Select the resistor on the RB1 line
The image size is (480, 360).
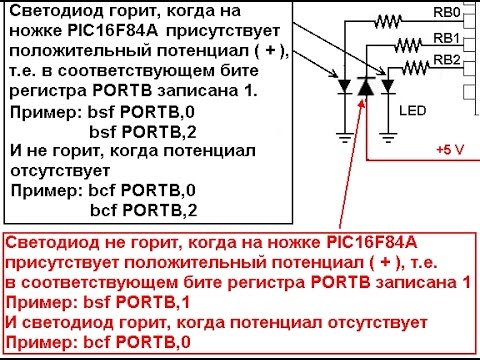pyautogui.click(x=408, y=45)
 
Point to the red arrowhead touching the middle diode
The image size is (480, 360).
pyautogui.click(x=363, y=104)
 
